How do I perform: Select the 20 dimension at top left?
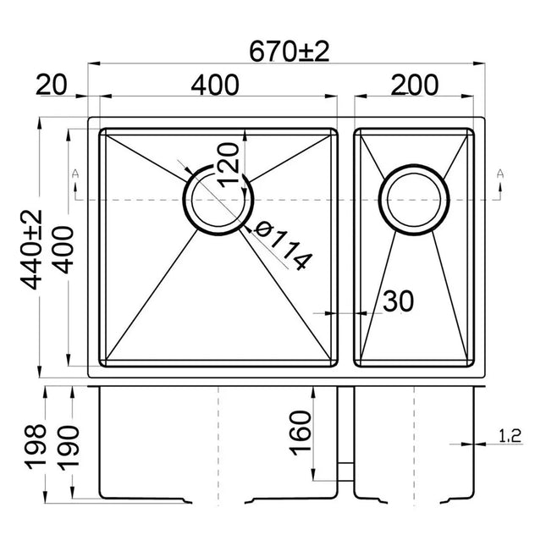52,85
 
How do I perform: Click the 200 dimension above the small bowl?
414,85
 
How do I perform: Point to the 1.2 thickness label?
510,437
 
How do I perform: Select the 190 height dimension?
63,440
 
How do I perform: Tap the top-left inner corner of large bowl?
104,131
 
